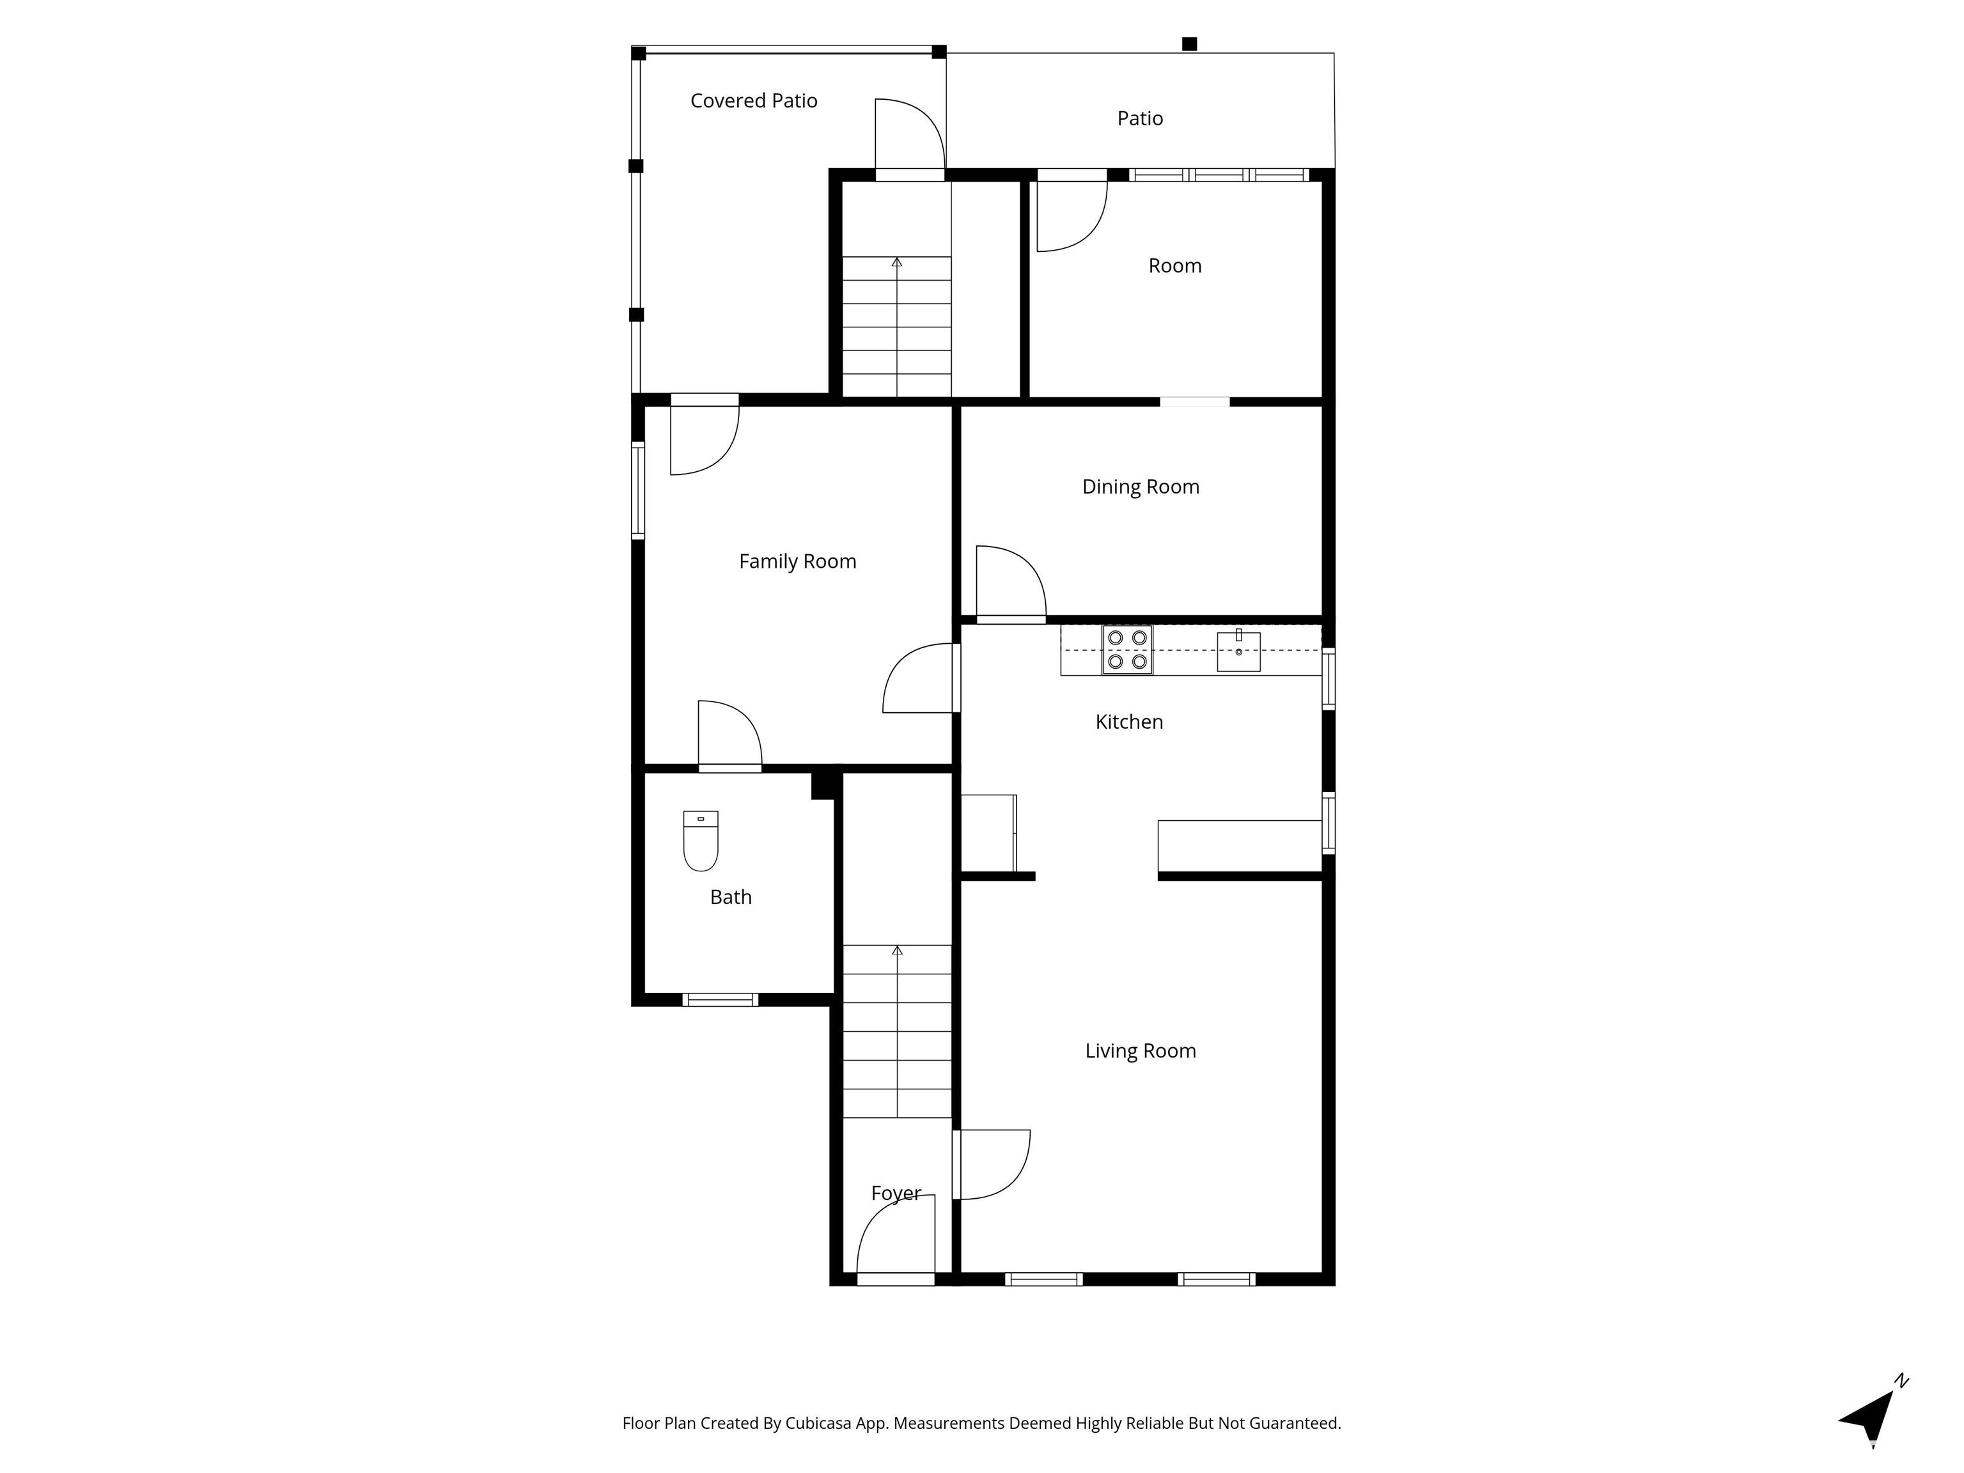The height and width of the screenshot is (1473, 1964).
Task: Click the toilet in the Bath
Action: click(x=701, y=841)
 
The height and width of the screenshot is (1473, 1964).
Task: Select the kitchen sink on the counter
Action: click(x=1238, y=651)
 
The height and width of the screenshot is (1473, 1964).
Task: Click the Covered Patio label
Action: click(x=754, y=101)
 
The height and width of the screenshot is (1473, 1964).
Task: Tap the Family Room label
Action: click(x=797, y=562)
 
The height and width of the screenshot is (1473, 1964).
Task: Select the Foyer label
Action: click(x=896, y=1194)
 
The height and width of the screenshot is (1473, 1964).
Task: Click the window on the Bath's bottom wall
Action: click(x=720, y=1000)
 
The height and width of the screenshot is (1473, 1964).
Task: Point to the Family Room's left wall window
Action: click(x=637, y=490)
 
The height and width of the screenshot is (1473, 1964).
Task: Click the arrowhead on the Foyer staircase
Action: click(x=897, y=950)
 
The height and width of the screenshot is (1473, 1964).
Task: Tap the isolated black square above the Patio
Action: click(x=1190, y=43)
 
